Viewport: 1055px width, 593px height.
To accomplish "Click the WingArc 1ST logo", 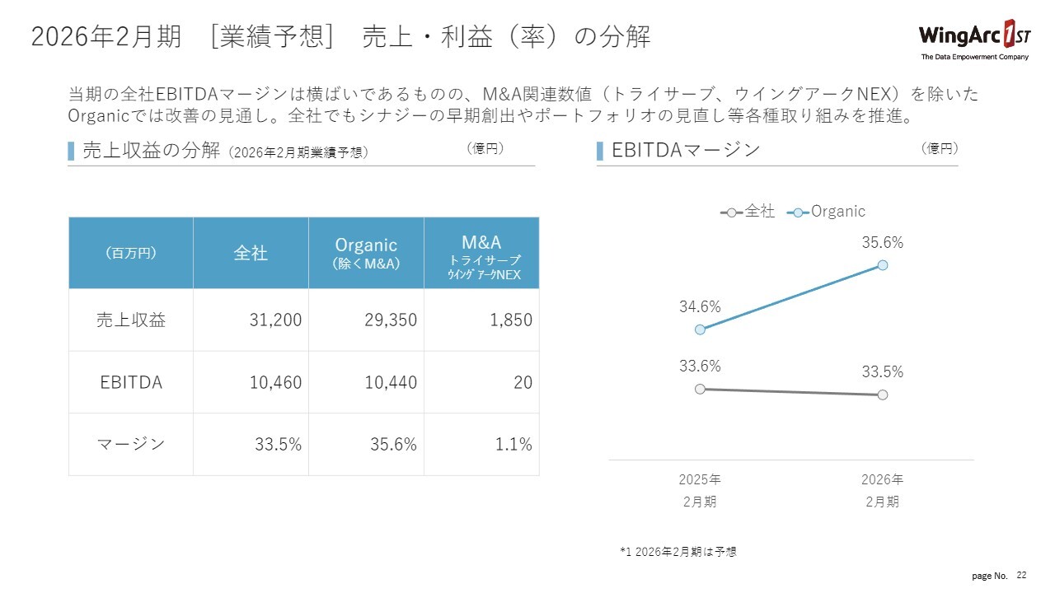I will (973, 40).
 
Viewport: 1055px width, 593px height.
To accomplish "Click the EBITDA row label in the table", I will (131, 382).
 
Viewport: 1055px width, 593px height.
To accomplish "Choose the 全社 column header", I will (251, 253).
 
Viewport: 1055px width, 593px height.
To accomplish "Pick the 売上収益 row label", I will (131, 320).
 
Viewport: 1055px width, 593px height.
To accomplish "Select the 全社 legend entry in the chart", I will (748, 212).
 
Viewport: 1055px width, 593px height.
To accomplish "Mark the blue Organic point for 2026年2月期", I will (883, 265).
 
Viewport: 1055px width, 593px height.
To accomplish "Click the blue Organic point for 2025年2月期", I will (700, 329).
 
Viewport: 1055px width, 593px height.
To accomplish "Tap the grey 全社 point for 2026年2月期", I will (883, 395).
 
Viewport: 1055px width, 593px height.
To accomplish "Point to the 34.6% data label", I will (700, 306).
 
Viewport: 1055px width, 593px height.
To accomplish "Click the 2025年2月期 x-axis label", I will (700, 490).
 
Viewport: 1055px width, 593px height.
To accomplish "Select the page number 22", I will (1022, 575).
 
